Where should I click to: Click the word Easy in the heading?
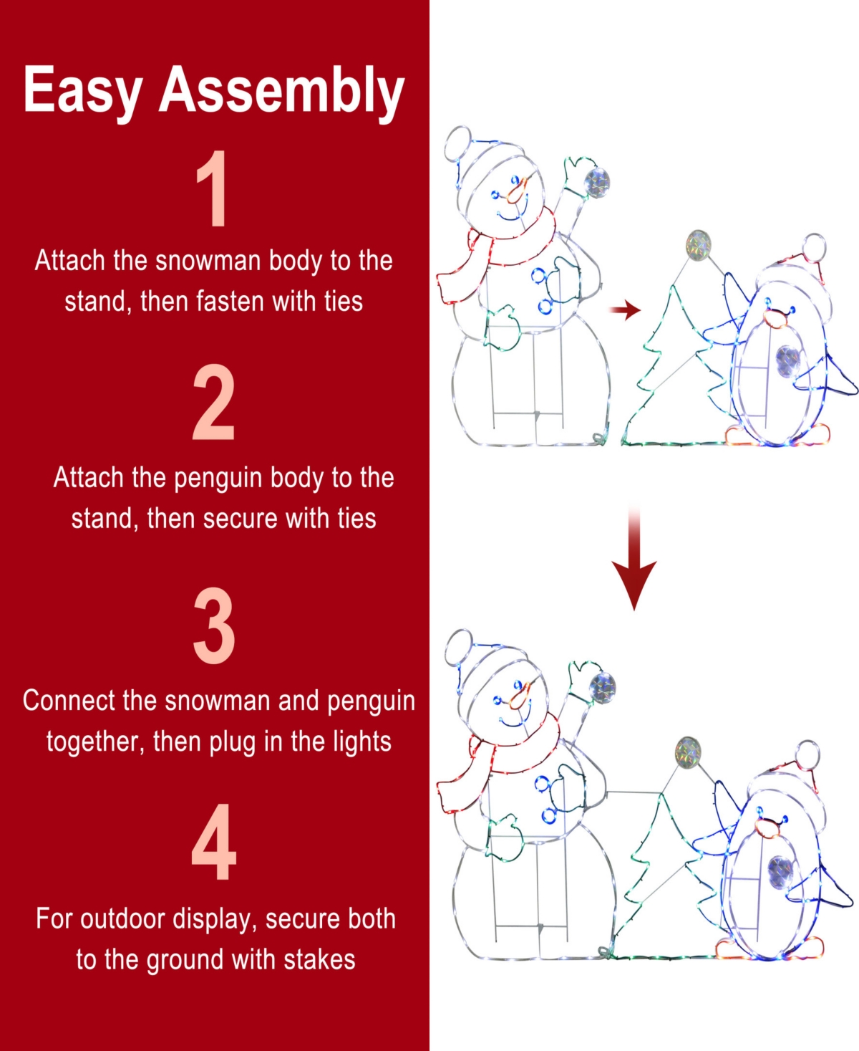tap(82, 90)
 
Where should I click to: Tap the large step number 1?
tap(213, 189)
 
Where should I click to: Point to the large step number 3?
tap(214, 625)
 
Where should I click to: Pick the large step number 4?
tap(214, 842)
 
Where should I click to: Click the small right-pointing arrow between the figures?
tap(624, 310)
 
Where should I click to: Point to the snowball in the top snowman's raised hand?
tap(597, 182)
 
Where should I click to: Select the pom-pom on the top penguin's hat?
tap(813, 248)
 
